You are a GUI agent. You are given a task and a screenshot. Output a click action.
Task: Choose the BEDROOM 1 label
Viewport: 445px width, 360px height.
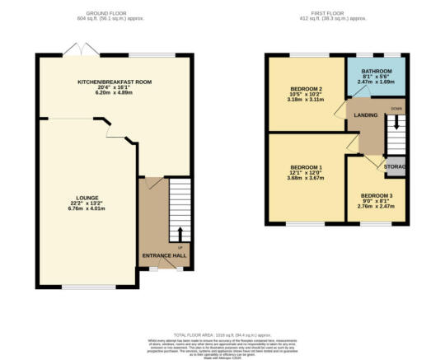[305, 168]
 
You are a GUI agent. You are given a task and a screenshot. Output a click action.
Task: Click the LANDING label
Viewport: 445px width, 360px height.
[364, 115]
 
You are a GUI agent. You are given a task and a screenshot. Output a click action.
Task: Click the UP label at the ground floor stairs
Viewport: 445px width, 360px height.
[180, 245]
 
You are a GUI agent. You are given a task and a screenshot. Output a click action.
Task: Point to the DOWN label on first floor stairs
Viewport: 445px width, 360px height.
[396, 109]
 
